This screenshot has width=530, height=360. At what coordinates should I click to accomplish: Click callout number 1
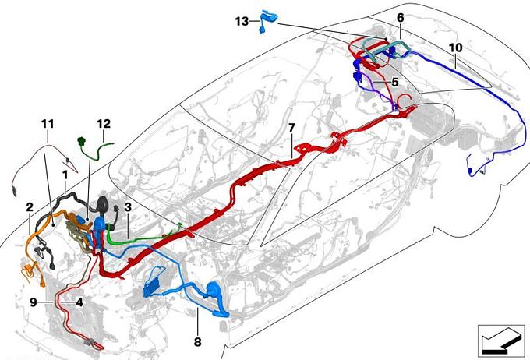tap(65, 175)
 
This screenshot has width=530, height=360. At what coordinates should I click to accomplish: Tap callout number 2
tap(30, 206)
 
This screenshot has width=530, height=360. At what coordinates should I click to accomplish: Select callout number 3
tap(127, 206)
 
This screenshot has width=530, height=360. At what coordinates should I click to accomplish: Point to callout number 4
tap(79, 302)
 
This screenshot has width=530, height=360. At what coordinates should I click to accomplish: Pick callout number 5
tap(395, 82)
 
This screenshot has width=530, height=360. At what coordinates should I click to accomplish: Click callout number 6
tap(401, 18)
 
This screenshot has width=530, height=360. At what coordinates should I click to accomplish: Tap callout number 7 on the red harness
tap(291, 128)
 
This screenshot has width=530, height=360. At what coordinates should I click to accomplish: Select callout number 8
tap(197, 342)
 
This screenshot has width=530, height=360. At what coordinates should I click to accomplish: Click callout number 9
tap(33, 302)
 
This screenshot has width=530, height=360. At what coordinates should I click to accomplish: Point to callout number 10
tap(455, 48)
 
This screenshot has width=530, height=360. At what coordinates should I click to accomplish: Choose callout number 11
tap(48, 124)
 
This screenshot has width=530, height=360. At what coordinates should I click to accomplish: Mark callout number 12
tap(104, 124)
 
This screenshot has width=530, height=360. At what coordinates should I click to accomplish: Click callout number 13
tap(242, 22)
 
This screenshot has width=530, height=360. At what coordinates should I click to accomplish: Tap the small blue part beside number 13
tap(267, 21)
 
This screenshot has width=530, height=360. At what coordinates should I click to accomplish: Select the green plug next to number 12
tap(81, 140)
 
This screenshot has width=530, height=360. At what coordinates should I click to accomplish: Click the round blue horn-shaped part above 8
tap(213, 289)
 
